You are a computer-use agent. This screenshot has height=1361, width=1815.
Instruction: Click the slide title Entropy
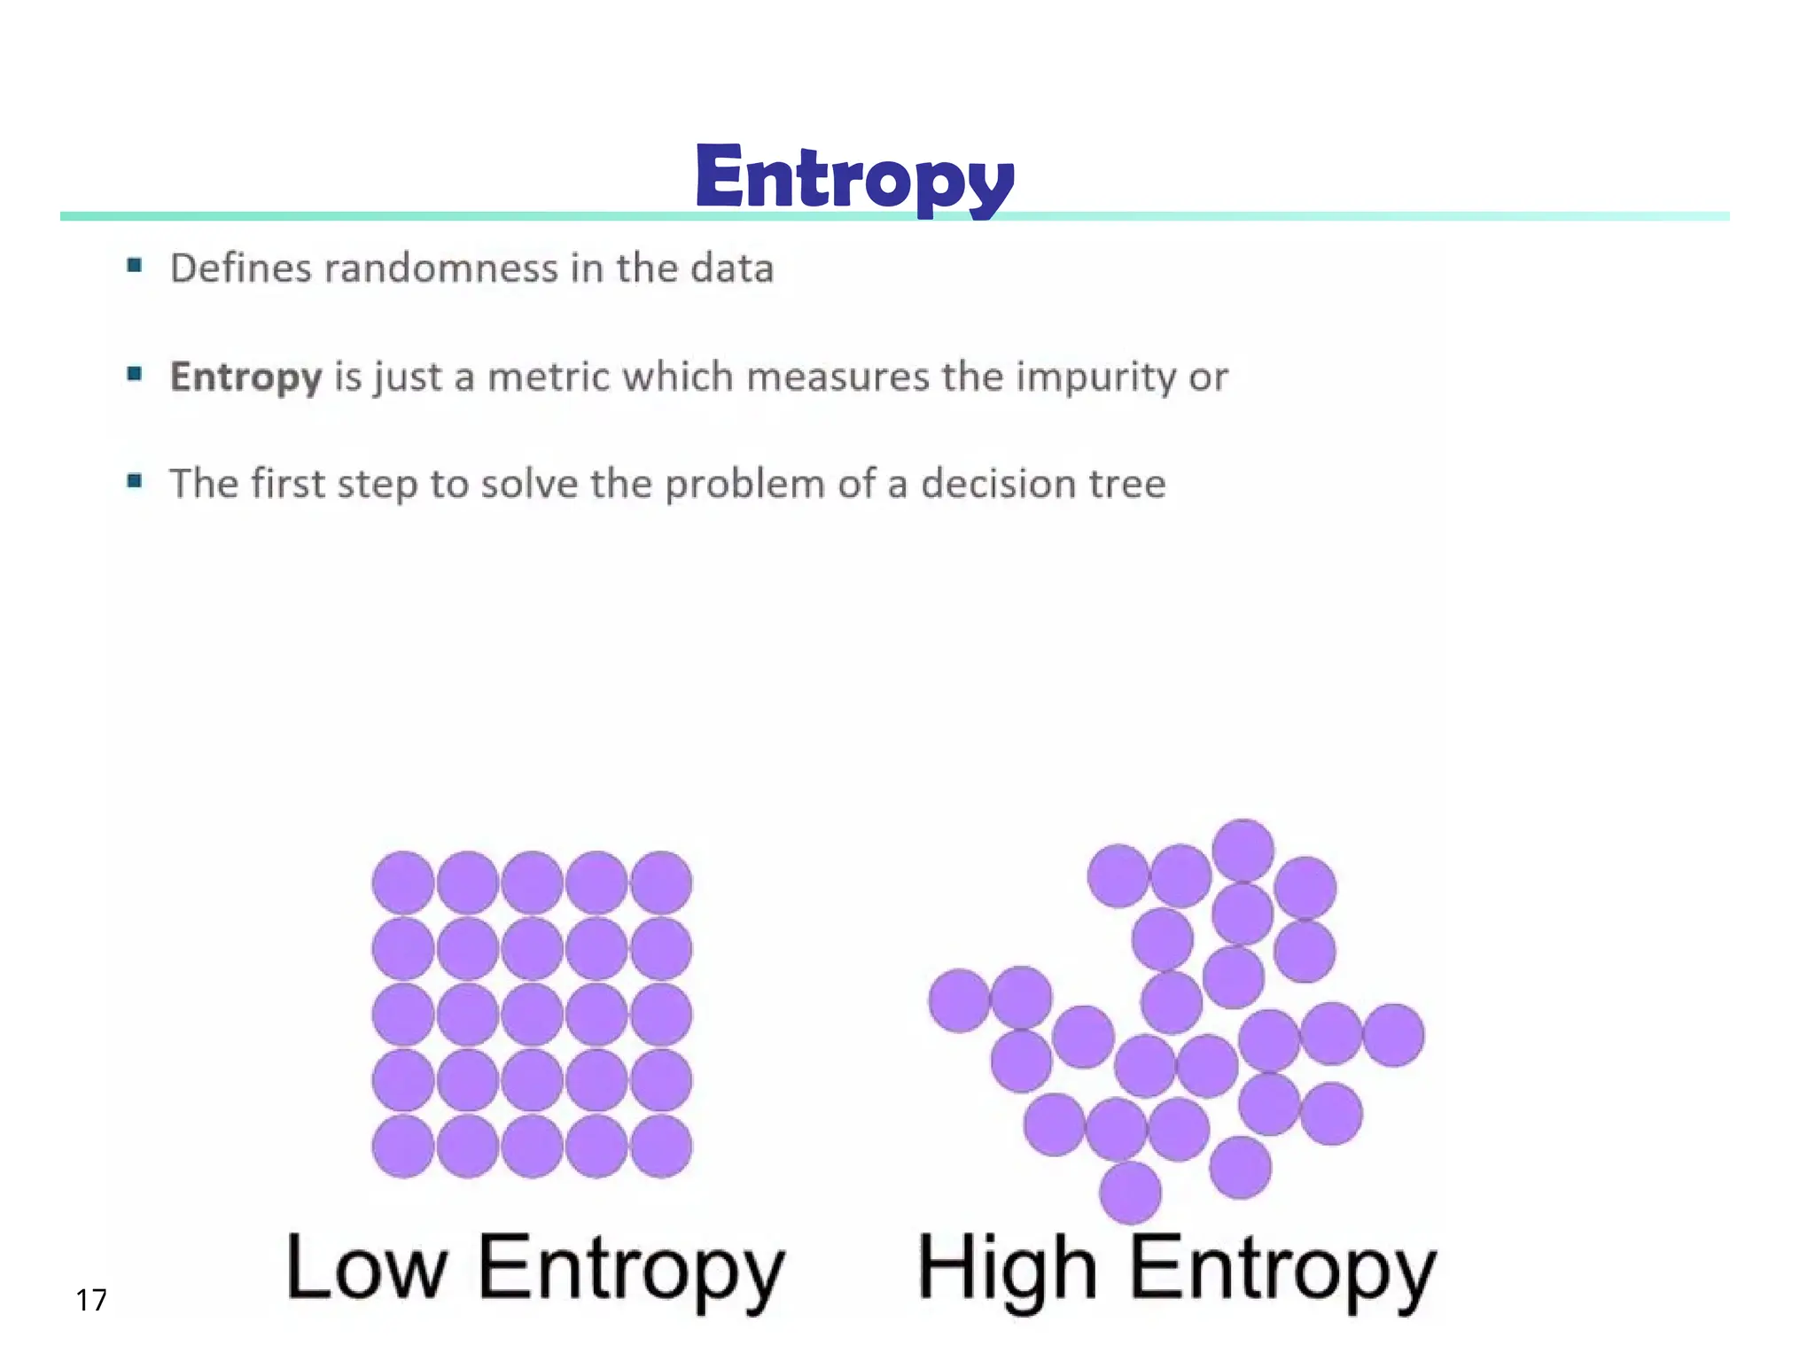tap(854, 178)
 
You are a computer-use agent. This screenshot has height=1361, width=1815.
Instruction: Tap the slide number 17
tap(91, 1300)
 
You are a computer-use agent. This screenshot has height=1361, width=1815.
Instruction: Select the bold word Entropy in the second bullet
tap(245, 377)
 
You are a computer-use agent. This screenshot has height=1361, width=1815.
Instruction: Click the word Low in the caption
tap(367, 1269)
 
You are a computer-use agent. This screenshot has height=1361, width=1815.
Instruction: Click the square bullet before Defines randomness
tap(135, 265)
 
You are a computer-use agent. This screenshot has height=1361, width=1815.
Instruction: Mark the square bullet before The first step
tap(135, 481)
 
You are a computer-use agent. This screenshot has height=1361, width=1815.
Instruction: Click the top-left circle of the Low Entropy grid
tap(403, 883)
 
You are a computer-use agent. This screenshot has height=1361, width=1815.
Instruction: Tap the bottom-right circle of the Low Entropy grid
tap(661, 1147)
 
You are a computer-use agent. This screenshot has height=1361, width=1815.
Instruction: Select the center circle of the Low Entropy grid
tap(532, 1015)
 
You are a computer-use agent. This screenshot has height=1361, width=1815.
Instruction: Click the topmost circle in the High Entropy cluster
tap(1243, 850)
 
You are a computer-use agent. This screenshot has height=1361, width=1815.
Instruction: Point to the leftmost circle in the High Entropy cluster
tap(959, 1000)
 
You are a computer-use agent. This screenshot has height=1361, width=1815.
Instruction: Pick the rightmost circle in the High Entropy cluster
tap(1394, 1035)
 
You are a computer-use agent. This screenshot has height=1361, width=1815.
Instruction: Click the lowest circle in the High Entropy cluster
tap(1130, 1193)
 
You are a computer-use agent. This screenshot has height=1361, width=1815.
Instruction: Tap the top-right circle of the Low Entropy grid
tap(661, 883)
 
